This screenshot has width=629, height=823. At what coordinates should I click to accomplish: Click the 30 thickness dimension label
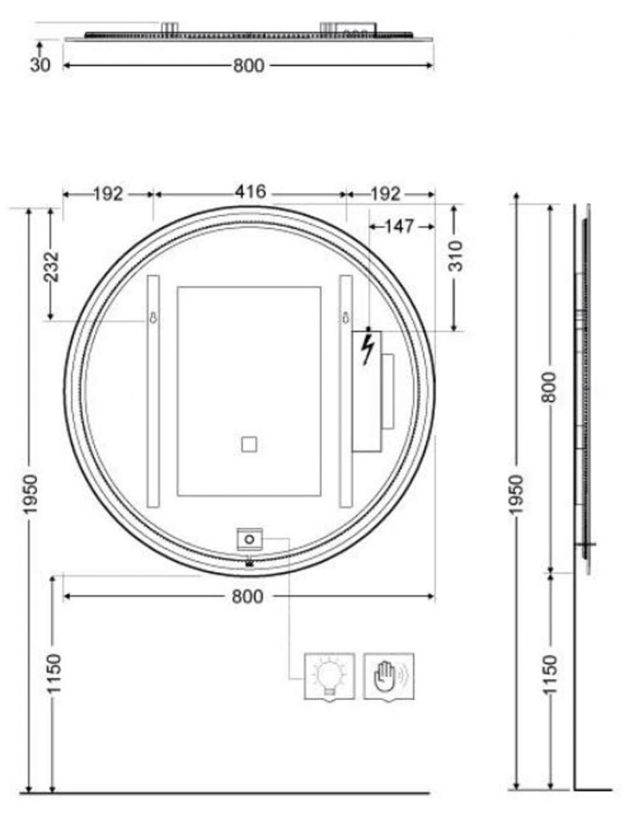tap(40, 65)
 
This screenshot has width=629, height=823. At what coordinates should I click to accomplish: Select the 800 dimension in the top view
tap(248, 66)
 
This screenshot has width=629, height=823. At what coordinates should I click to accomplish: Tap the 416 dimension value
tap(251, 192)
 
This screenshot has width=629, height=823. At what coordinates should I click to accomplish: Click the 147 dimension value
tap(399, 227)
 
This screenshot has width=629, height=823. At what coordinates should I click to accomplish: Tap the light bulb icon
tap(329, 676)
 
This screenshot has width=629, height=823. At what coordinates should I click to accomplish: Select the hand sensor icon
tap(389, 676)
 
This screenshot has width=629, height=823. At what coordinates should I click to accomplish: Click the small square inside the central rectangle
tap(249, 445)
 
